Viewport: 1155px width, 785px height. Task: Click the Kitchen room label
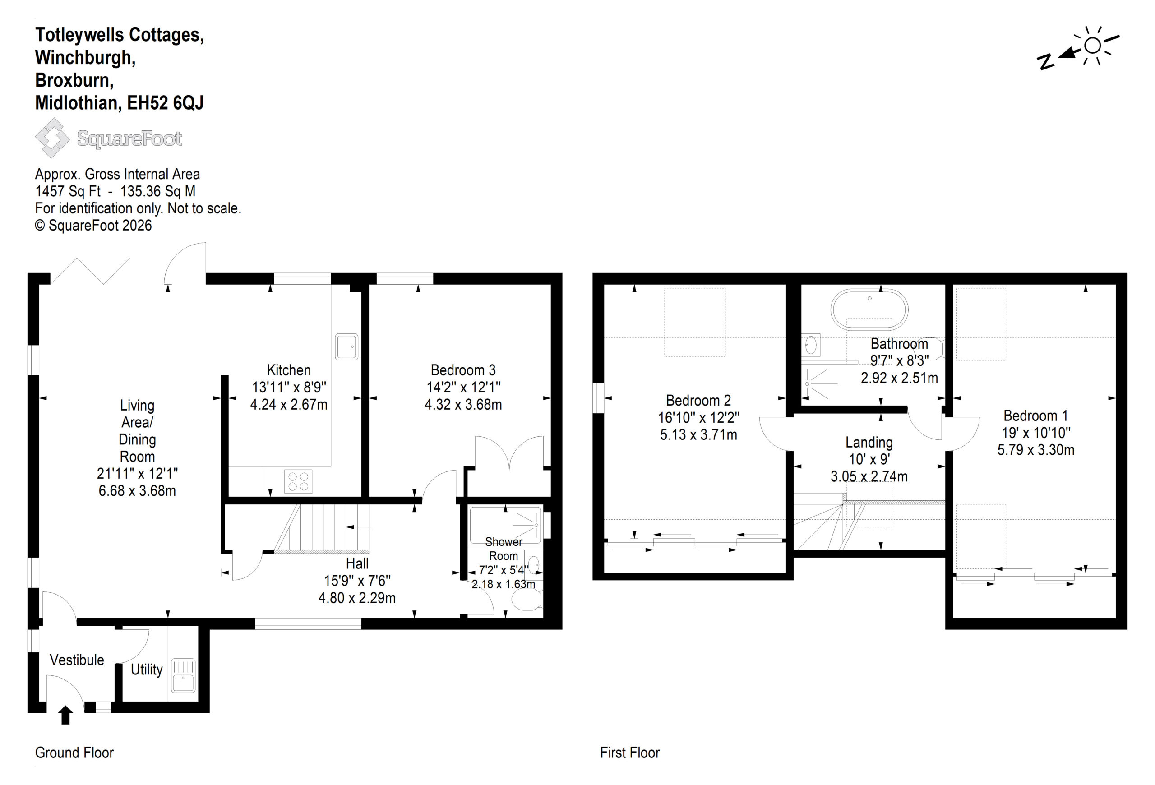288,370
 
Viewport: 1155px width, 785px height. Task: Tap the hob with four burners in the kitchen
298,481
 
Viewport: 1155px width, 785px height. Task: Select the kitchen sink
346,346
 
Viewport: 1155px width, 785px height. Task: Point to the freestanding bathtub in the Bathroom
869,310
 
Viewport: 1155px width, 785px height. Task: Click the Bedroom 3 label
463,370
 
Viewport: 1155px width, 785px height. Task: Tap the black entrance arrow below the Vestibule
65,716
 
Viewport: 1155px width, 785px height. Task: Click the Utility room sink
183,676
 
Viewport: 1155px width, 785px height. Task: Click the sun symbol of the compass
1092,46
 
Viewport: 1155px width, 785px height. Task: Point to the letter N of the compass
1046,63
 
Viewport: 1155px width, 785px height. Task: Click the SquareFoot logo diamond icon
52,138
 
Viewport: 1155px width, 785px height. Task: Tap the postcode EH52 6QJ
166,103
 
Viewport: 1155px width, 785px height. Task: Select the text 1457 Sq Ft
68,191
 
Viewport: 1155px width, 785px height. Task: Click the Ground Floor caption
74,753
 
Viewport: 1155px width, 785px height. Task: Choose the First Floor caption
630,753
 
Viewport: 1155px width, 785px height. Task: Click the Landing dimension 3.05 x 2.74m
869,476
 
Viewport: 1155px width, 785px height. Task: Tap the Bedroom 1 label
1036,416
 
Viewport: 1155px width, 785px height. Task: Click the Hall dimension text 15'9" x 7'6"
357,580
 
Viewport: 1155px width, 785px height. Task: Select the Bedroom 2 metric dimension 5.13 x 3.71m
698,435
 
